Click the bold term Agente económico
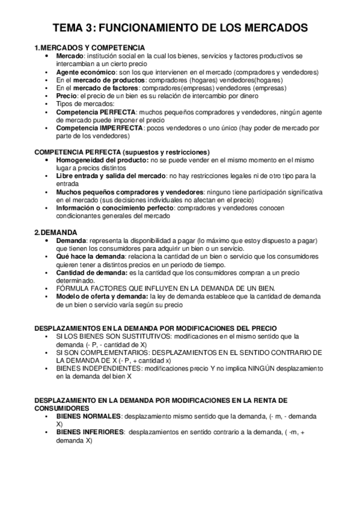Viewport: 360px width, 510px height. click(x=85, y=72)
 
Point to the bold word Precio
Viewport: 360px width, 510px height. click(x=67, y=96)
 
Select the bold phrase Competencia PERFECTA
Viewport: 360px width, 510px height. click(x=96, y=112)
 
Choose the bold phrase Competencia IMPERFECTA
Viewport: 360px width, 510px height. click(x=99, y=127)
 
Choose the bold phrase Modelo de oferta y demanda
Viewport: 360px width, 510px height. click(x=102, y=296)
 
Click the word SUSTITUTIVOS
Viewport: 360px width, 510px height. click(x=130, y=337)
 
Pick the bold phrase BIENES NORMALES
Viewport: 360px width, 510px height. click(x=88, y=416)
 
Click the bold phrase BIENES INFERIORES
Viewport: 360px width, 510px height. click(x=90, y=432)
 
